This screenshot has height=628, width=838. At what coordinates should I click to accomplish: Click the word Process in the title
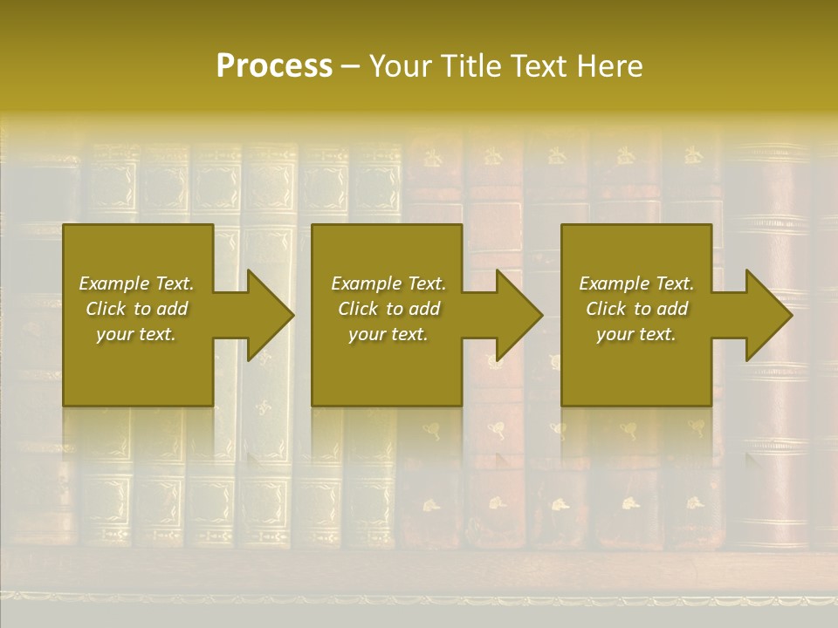pos(274,66)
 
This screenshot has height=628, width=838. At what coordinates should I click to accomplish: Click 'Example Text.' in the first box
pos(136,283)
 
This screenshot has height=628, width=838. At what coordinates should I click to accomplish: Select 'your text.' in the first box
pos(136,334)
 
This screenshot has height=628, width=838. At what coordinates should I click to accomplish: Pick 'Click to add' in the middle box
pos(388,309)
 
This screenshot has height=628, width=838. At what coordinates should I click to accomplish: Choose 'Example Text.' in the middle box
pos(388,283)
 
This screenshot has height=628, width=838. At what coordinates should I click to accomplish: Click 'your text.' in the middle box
pos(388,334)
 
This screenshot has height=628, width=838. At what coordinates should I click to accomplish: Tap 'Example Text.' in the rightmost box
pos(636,283)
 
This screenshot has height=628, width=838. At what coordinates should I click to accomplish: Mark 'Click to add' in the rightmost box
pos(636,309)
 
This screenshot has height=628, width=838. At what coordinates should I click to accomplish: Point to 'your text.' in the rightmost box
pos(636,334)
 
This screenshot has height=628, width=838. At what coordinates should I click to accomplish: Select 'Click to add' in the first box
pos(136,309)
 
